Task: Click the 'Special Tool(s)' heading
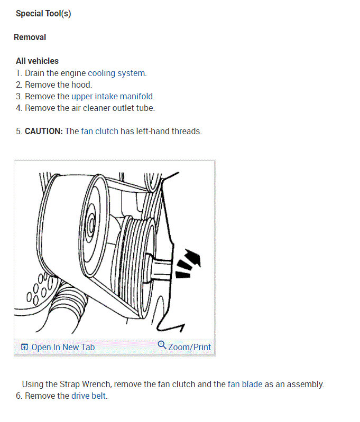pos(43,14)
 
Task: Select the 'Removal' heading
pos(30,37)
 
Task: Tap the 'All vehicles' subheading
pos(37,61)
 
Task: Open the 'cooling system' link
pos(116,73)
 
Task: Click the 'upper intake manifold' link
pos(113,96)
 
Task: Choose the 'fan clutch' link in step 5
pos(99,131)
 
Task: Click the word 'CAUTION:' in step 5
pos(43,131)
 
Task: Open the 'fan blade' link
pos(245,384)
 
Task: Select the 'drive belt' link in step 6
pos(89,396)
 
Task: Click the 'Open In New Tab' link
pos(63,347)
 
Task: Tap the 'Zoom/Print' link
pos(189,347)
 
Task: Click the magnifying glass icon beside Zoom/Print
pos(162,345)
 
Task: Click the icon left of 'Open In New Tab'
pos(24,347)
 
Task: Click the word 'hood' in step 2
pos(81,85)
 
